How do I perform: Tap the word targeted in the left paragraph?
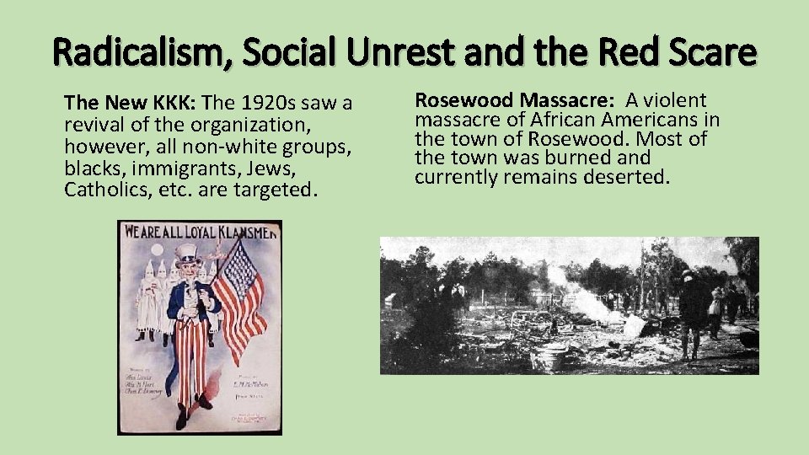[x=273, y=188]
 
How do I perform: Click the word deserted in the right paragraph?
[x=628, y=177]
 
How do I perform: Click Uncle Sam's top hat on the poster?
[x=186, y=254]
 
